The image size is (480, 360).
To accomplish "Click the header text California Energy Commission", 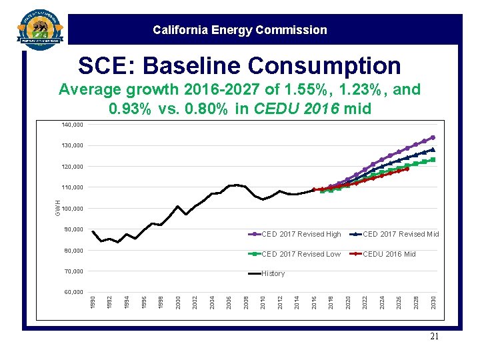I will click(x=239, y=30).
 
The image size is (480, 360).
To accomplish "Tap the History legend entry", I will click(x=273, y=273).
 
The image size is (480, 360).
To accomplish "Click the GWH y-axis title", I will click(x=59, y=207).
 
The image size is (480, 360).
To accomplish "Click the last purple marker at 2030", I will click(x=433, y=137).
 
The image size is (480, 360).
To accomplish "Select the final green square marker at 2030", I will click(x=433, y=160).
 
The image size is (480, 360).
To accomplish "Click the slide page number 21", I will click(x=434, y=337).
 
